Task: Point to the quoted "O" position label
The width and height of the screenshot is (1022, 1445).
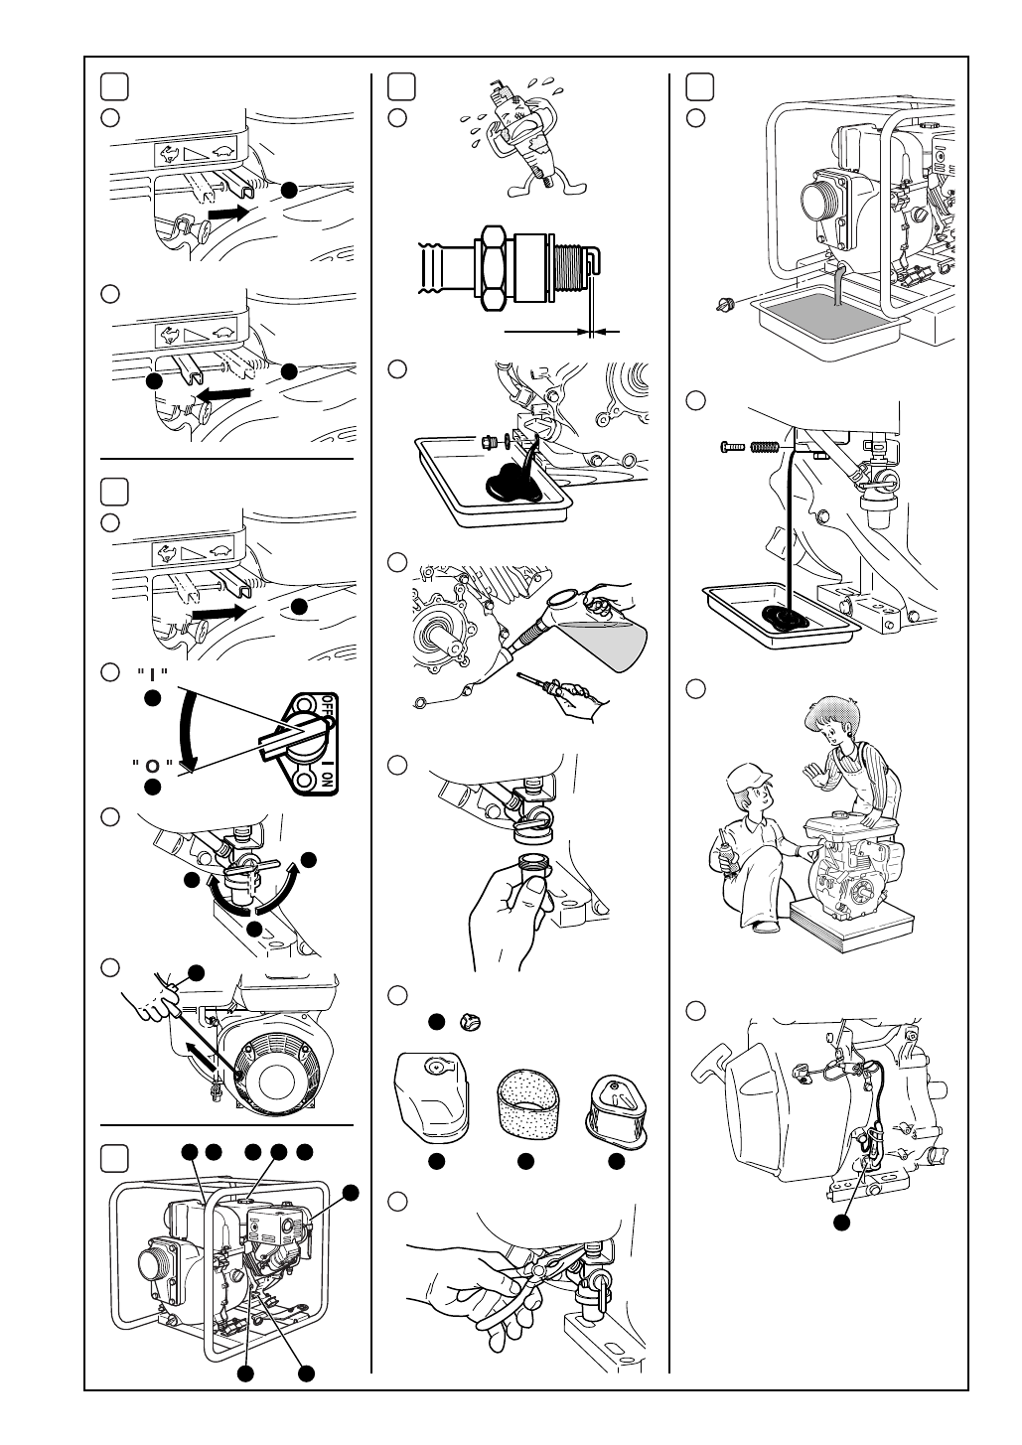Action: pos(151,766)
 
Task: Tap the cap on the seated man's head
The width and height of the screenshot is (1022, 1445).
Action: pos(750,774)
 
